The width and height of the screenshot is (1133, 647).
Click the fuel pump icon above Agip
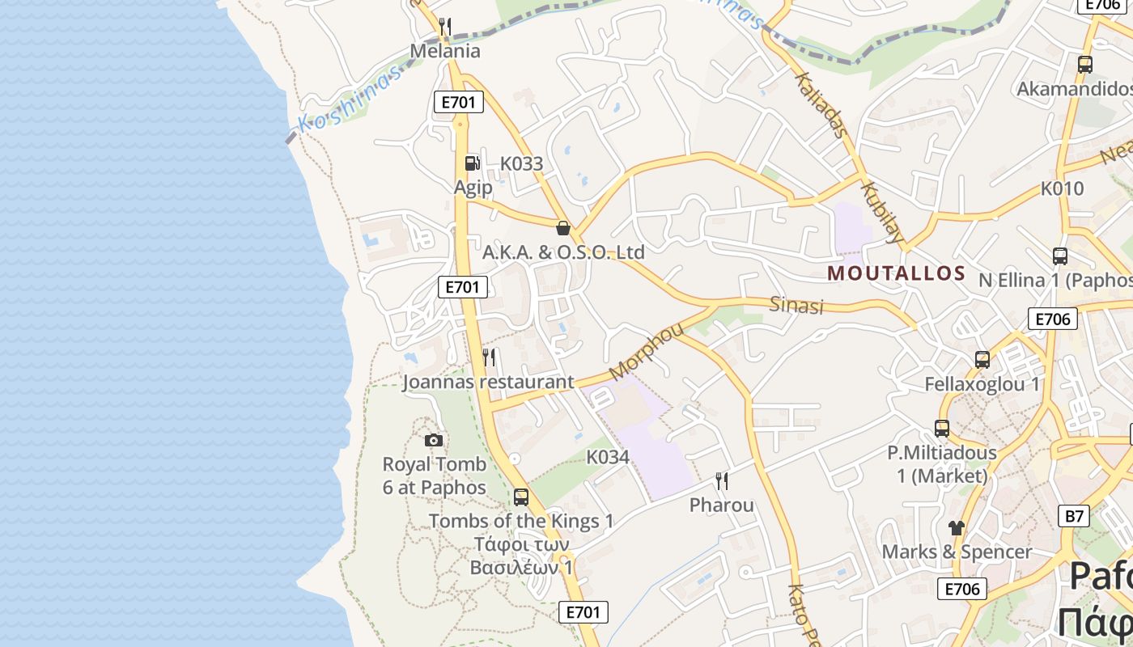click(x=472, y=163)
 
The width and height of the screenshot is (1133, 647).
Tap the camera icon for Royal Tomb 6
click(x=434, y=440)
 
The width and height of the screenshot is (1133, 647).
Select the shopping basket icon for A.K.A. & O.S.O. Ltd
click(x=563, y=228)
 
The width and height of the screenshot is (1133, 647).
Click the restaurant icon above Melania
click(x=444, y=27)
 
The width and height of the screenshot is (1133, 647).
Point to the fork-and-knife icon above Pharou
click(x=721, y=481)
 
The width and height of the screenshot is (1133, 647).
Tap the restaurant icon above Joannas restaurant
click(x=488, y=357)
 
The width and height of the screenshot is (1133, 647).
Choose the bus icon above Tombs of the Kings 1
click(x=521, y=497)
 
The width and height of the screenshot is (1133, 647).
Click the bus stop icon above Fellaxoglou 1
click(x=982, y=360)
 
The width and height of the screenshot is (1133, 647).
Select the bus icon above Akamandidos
click(x=1084, y=65)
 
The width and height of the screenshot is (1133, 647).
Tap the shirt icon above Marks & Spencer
click(x=957, y=528)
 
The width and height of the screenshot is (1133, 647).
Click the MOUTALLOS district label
click(x=897, y=273)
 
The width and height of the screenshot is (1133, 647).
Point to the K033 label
click(x=521, y=163)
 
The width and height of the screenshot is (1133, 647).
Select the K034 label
click(x=607, y=457)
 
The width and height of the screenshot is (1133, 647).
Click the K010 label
click(x=1062, y=188)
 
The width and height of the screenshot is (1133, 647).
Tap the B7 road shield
click(x=1073, y=516)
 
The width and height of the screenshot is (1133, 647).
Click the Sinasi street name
click(x=796, y=305)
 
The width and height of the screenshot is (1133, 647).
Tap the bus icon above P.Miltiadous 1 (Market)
click(x=941, y=429)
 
